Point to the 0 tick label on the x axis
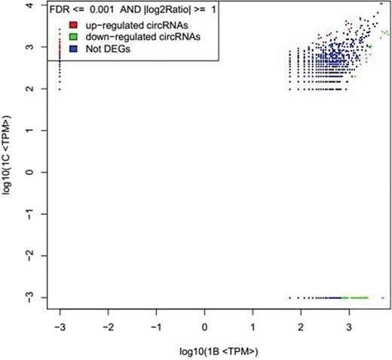pos(204,328)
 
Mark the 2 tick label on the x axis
pos(301,328)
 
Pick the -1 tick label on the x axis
pos(155,328)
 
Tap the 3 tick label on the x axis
pos(349,328)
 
